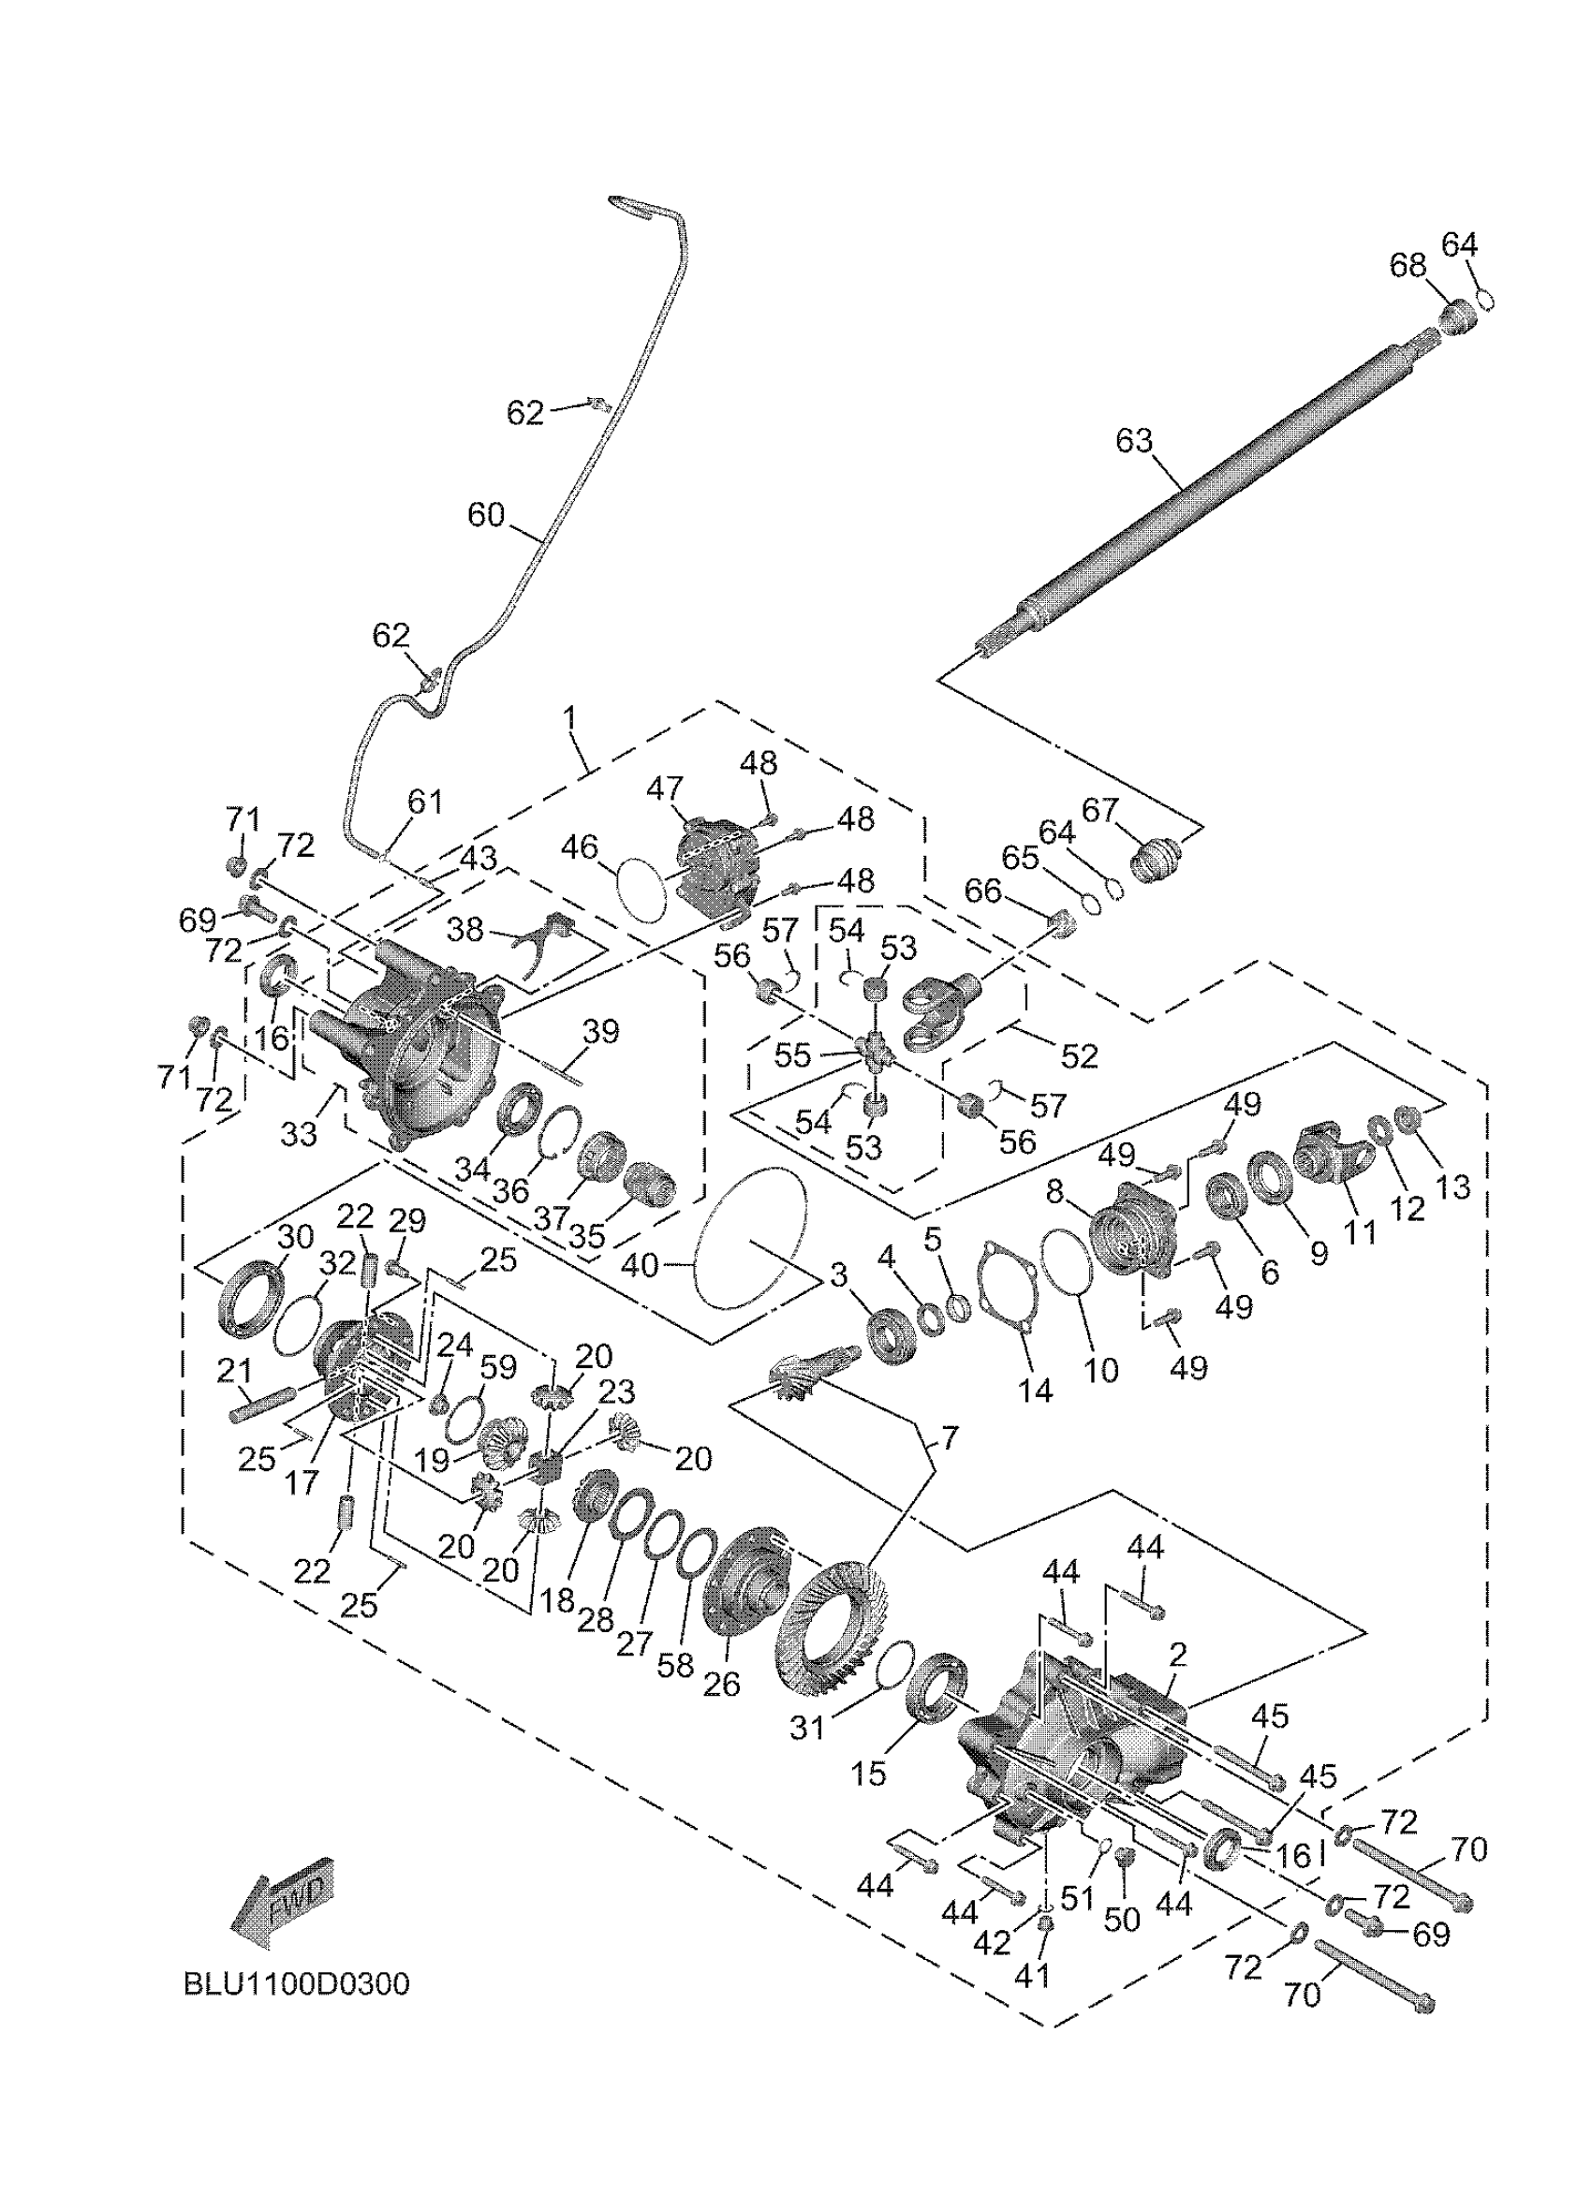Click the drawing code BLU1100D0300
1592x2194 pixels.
(297, 1984)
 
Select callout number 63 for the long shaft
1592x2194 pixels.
(1134, 441)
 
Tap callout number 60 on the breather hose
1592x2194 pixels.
(487, 515)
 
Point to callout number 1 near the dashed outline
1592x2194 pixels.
(569, 718)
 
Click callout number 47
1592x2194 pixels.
(666, 788)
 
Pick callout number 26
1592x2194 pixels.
(721, 1684)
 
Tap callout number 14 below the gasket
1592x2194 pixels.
(1034, 1391)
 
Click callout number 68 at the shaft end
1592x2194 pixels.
(1408, 265)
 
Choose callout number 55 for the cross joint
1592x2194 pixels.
(792, 1055)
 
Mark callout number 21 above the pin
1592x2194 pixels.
(234, 1371)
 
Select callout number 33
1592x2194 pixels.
(299, 1134)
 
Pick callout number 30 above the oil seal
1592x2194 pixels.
(296, 1236)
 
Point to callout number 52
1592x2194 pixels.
(1080, 1055)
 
